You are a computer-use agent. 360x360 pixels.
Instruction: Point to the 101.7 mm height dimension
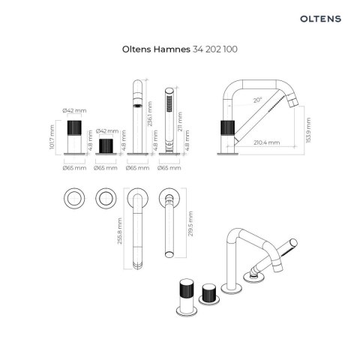(x=52, y=136)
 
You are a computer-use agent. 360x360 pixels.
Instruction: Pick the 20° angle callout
(x=258, y=100)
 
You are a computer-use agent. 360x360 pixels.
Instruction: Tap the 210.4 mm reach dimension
(x=266, y=141)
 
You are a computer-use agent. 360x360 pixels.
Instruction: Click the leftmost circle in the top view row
(x=74, y=199)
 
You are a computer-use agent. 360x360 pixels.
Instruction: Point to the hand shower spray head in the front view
(x=170, y=99)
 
